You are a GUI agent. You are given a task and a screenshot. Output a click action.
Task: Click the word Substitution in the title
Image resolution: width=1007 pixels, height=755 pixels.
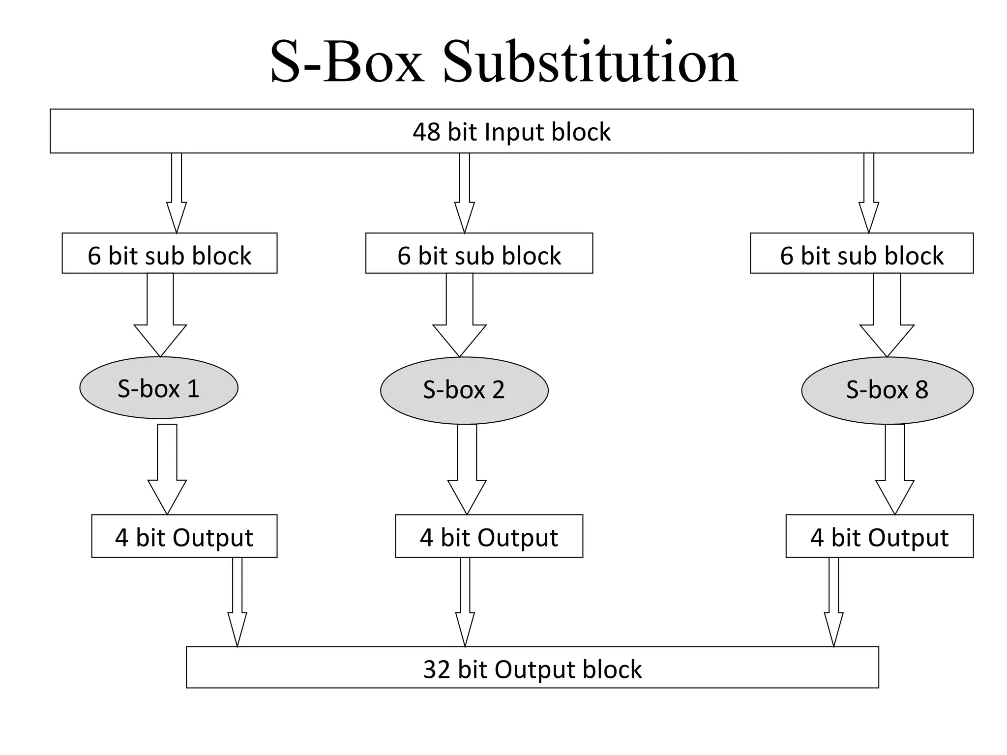click(590, 63)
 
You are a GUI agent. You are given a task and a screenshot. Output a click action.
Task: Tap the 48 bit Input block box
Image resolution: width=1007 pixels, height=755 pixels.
click(511, 131)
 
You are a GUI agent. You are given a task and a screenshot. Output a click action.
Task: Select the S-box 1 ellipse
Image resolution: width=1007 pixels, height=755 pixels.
click(159, 388)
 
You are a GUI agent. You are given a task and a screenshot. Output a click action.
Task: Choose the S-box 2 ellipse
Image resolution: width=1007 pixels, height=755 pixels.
click(464, 390)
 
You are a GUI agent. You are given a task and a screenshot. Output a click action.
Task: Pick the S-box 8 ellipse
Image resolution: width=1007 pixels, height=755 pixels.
click(887, 390)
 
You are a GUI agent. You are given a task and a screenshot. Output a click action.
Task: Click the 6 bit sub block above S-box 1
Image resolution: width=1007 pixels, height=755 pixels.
click(169, 254)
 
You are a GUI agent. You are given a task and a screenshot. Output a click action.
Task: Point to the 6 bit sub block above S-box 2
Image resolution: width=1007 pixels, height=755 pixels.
click(479, 254)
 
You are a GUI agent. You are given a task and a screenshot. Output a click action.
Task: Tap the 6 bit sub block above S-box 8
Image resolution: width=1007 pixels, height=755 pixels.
click(861, 254)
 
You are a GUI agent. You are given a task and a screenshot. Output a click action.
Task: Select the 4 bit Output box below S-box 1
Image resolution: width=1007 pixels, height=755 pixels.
click(184, 536)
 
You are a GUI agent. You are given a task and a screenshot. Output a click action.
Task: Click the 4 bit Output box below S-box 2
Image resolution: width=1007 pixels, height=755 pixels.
click(489, 536)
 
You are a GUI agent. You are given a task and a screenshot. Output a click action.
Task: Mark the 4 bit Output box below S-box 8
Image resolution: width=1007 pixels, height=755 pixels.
click(879, 536)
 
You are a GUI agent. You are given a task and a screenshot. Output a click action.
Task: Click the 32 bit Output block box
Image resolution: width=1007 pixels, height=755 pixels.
click(532, 668)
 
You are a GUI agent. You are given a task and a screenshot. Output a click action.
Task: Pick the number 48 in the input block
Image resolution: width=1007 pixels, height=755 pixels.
click(426, 132)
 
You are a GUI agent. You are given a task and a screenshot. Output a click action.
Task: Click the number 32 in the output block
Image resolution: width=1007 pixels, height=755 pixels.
click(437, 669)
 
